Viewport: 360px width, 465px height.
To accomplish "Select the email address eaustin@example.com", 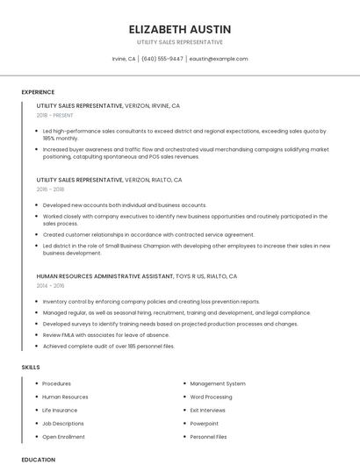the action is tap(219, 59).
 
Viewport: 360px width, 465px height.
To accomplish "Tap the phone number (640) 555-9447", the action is tap(162, 59).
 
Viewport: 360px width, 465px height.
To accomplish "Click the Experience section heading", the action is tap(38, 92).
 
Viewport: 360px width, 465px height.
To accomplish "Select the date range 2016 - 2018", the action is tap(51, 189).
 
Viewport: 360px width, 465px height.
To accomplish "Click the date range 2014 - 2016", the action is tap(51, 285).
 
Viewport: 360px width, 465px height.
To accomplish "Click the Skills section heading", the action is tap(31, 366).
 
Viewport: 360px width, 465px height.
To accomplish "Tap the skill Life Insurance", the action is tap(60, 410).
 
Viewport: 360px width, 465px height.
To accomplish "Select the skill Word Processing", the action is tap(211, 397).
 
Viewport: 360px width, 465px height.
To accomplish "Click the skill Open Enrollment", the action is tap(63, 436).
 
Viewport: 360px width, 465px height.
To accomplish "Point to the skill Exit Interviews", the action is tap(207, 410).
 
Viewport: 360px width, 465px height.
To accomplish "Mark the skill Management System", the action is tap(218, 383).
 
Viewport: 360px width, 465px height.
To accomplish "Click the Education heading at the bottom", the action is tap(38, 459).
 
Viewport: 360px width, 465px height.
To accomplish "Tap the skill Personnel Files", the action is tap(208, 436).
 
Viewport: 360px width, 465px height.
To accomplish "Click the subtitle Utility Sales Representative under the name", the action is tap(179, 42).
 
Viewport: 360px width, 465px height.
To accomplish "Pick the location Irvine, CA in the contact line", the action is tap(124, 59).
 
